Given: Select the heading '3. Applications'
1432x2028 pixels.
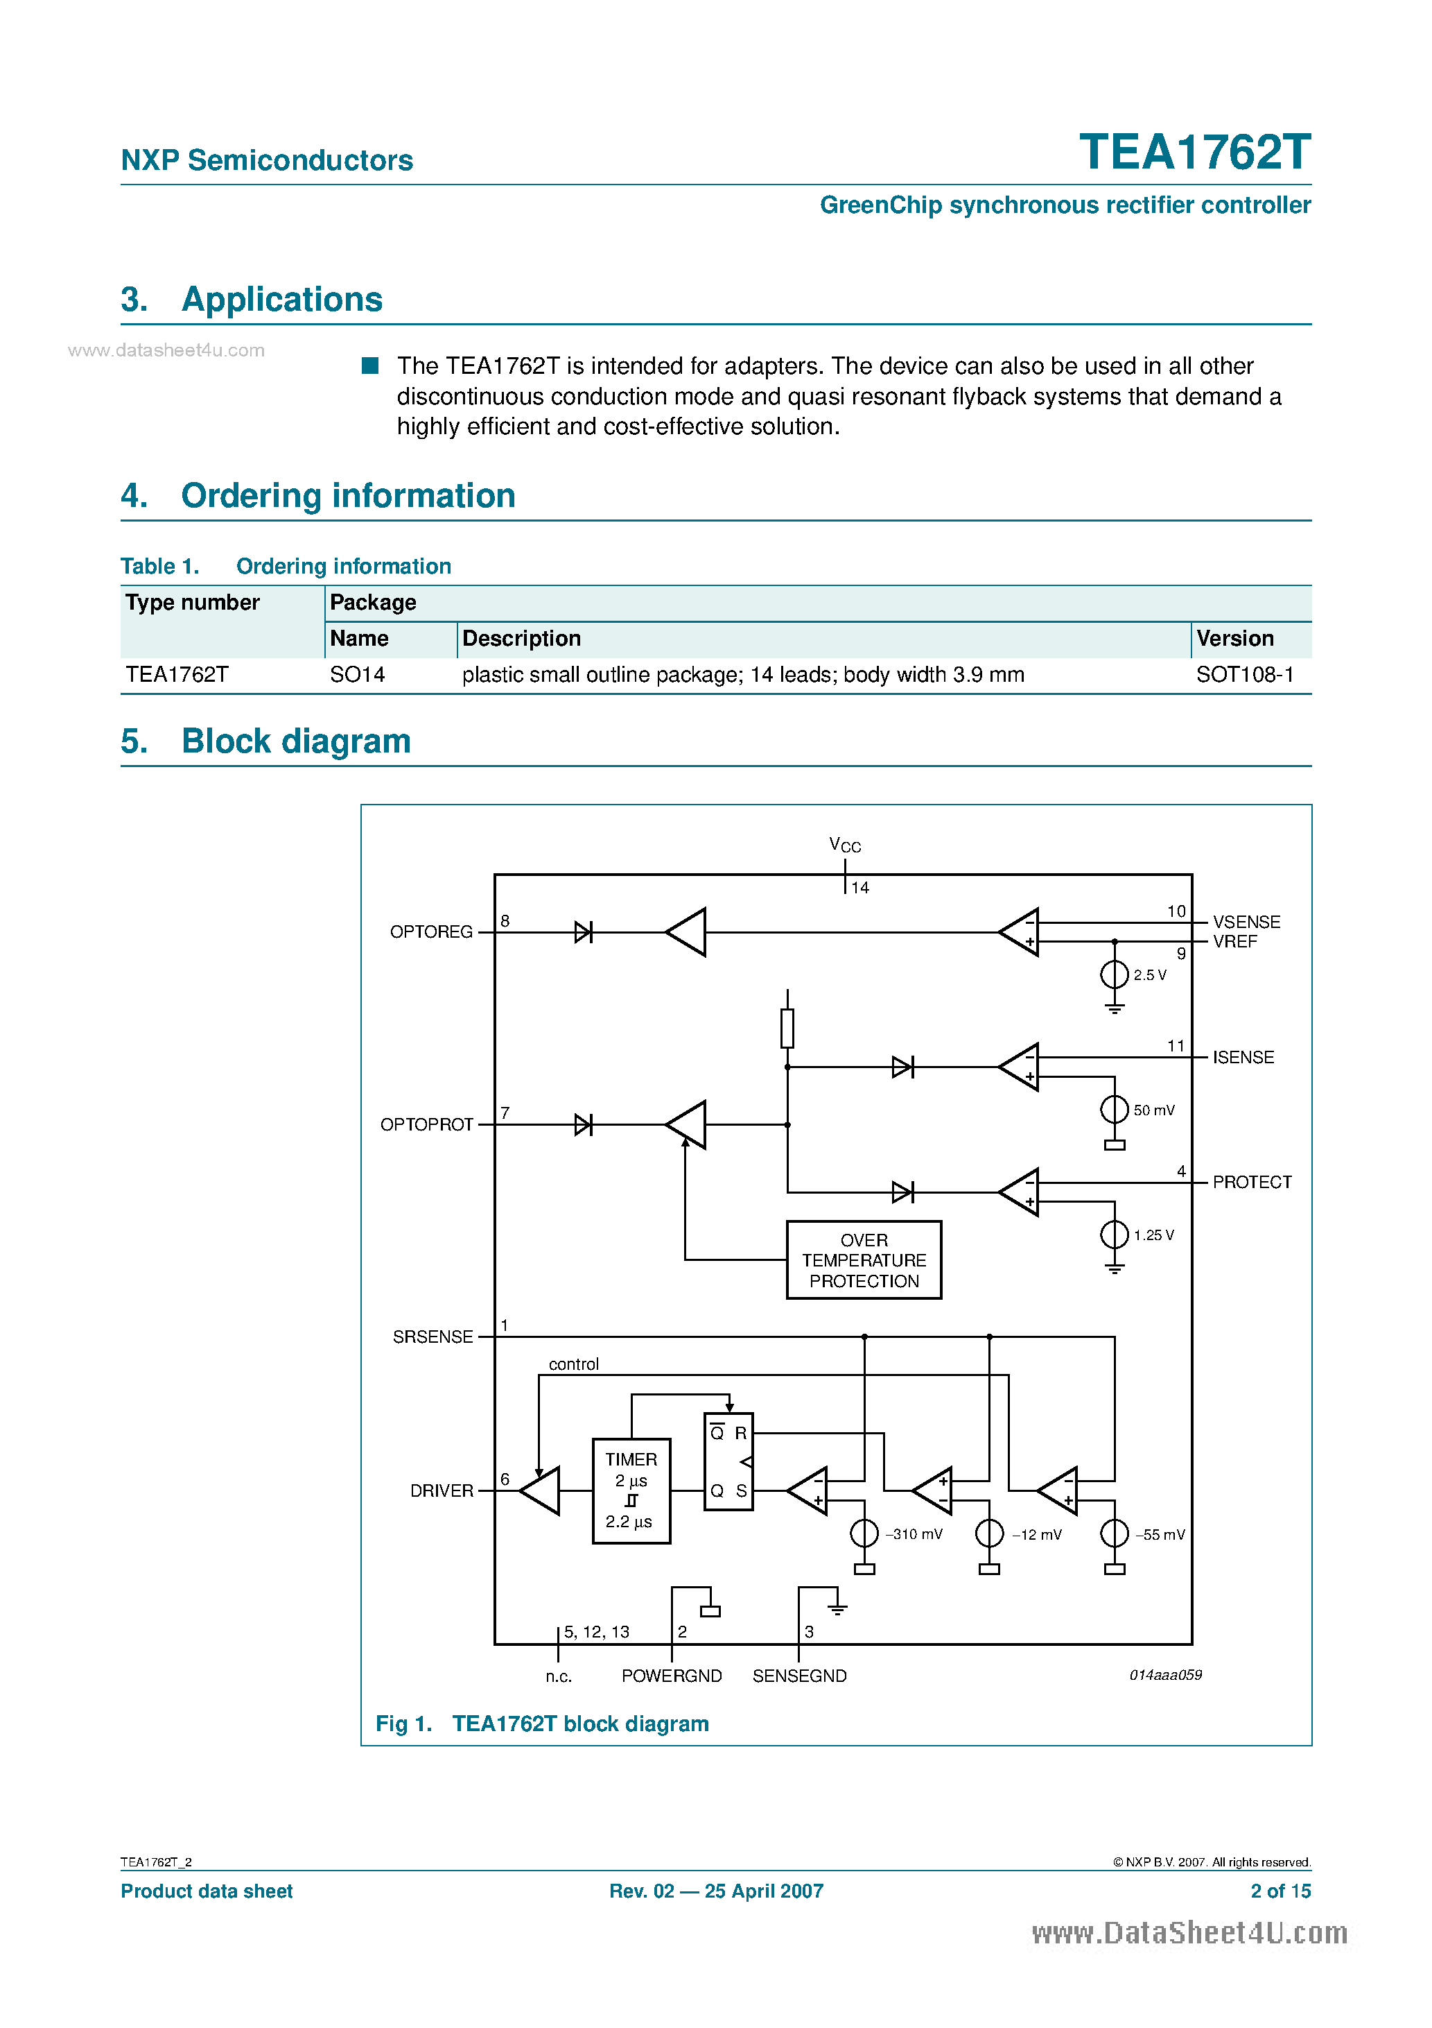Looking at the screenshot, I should pyautogui.click(x=252, y=300).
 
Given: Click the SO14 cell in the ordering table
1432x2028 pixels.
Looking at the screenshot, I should pyautogui.click(x=357, y=675).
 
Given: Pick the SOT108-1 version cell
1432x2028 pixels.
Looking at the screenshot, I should pyautogui.click(x=1244, y=675).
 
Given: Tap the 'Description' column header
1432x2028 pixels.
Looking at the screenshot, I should pyautogui.click(x=521, y=639).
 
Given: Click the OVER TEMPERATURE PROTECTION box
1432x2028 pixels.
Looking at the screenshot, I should pyautogui.click(x=864, y=1260).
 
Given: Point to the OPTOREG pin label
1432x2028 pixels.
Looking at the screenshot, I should pyautogui.click(x=431, y=932).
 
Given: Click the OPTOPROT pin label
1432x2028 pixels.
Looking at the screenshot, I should pyautogui.click(x=426, y=1124).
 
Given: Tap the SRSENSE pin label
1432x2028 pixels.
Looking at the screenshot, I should pyautogui.click(x=433, y=1337).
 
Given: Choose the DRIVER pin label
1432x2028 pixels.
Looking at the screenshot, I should pyautogui.click(x=442, y=1491).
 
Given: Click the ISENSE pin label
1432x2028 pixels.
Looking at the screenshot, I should pyautogui.click(x=1242, y=1057).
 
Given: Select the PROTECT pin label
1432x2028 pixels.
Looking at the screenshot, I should pyautogui.click(x=1251, y=1182).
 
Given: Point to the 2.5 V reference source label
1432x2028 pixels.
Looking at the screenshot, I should pyautogui.click(x=1149, y=975).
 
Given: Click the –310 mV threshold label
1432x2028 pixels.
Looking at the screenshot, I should pyautogui.click(x=914, y=1534).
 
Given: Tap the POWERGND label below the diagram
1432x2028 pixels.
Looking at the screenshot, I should pyautogui.click(x=671, y=1676).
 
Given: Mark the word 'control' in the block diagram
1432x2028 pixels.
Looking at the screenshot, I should pyautogui.click(x=573, y=1365).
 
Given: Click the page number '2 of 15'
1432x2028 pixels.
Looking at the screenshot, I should pyautogui.click(x=1280, y=1891).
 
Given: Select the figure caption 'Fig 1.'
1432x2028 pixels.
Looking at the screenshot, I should pyautogui.click(x=403, y=1724).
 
